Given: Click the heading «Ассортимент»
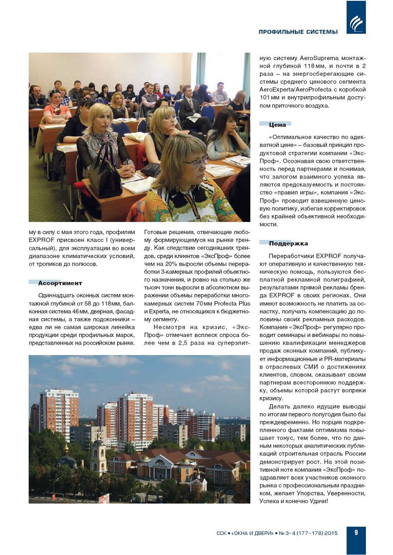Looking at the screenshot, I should [60, 283].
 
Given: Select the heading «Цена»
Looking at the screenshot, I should [278, 125].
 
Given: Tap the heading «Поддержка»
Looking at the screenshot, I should [288, 244].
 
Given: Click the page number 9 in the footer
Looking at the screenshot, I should [356, 533].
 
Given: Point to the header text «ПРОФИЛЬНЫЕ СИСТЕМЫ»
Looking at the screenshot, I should [298, 32].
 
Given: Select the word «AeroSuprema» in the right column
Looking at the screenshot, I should [319, 58].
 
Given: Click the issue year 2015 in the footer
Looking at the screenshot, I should [331, 533].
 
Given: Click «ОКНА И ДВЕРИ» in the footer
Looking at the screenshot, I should [252, 533].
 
